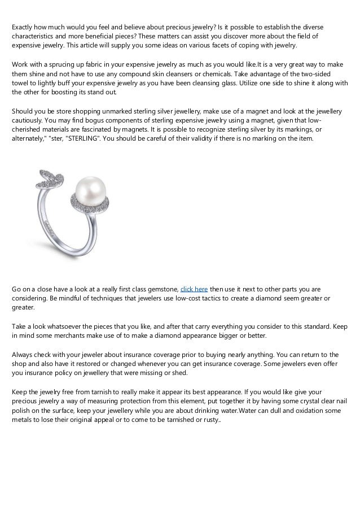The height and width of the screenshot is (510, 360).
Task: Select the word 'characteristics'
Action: (x=36, y=37)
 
